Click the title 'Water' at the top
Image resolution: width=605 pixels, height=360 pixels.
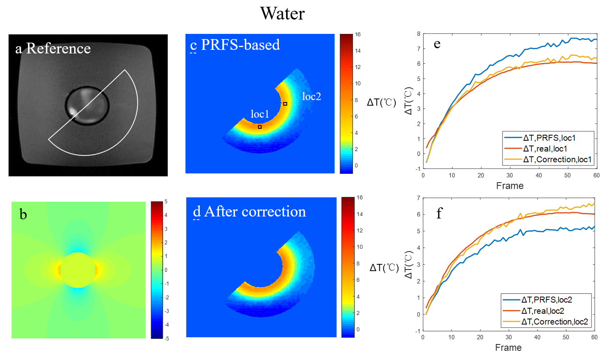[x=282, y=14]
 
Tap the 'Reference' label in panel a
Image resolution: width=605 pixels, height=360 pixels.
[x=58, y=48]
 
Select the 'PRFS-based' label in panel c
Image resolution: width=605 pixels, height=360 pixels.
[x=240, y=45]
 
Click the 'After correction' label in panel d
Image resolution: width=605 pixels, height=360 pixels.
[x=255, y=211]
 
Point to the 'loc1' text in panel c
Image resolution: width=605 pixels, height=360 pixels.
[x=260, y=114]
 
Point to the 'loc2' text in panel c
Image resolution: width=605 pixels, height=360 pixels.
[x=311, y=96]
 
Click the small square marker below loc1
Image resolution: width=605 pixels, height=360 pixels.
[x=260, y=127]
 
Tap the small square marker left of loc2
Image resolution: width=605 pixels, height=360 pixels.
[x=285, y=104]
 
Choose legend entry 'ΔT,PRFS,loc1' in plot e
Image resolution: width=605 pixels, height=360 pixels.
[x=549, y=138]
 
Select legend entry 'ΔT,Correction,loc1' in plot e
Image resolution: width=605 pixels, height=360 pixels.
[x=557, y=159]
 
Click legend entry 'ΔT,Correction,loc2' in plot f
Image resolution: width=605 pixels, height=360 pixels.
[x=554, y=322]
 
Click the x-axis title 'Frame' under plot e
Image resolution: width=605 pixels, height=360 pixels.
[x=510, y=186]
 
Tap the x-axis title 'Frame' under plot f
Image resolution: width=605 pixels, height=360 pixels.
[x=508, y=348]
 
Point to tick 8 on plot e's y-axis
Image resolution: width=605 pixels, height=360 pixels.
[x=419, y=34]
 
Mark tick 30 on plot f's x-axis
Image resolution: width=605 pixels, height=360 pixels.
[x=509, y=337]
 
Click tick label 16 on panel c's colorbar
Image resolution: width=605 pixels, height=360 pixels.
[x=358, y=35]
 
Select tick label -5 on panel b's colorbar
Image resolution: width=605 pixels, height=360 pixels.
[x=167, y=338]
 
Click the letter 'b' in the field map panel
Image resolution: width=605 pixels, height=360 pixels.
[x=23, y=214]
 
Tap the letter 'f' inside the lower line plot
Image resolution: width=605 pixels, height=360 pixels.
[x=439, y=213]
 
